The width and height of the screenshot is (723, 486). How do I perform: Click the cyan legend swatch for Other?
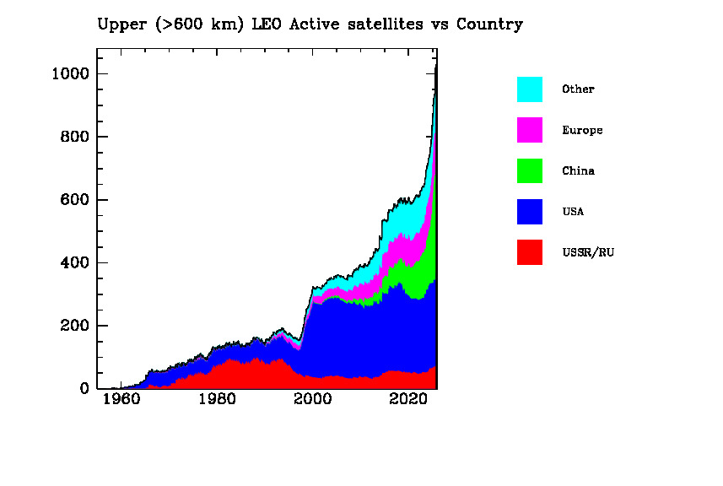(530, 89)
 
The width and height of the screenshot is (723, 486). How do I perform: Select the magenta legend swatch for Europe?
(530, 130)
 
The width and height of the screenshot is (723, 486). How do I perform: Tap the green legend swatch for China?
(530, 170)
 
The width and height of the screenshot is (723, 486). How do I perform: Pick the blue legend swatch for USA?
(530, 211)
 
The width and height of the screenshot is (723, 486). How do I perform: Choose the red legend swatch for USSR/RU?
(530, 251)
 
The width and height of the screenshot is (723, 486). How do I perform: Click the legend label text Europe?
(582, 131)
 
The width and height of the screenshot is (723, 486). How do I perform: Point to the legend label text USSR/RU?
(587, 252)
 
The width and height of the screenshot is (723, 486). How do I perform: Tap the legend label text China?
(578, 171)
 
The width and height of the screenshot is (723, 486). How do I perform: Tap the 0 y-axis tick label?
(84, 389)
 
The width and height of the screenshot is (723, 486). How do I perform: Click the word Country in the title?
(489, 24)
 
